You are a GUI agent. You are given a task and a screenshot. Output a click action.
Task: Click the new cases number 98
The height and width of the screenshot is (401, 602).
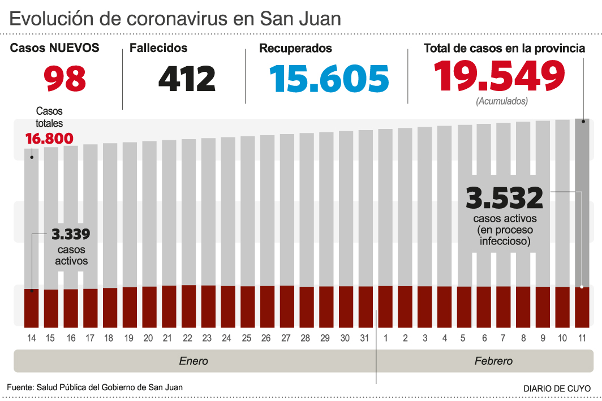click(66, 79)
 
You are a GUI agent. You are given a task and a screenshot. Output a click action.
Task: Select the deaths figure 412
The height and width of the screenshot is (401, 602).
click(187, 79)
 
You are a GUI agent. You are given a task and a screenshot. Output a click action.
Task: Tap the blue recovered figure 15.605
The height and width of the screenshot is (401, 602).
click(329, 79)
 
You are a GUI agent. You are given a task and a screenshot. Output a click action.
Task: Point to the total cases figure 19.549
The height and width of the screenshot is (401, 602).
click(500, 76)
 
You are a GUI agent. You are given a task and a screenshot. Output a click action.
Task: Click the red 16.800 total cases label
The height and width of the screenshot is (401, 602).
click(49, 139)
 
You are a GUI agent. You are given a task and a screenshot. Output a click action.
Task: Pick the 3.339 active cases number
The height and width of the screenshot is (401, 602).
click(71, 234)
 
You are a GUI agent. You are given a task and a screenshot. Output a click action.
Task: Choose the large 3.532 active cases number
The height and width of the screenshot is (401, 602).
click(504, 199)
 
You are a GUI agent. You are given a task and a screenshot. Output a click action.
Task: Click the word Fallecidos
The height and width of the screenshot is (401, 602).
click(158, 49)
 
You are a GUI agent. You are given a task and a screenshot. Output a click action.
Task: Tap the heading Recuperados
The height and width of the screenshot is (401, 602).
click(295, 49)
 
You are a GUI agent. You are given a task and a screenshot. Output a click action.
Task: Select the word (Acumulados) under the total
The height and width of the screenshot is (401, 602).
click(502, 102)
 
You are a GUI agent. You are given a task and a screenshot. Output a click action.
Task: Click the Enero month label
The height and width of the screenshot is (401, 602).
click(193, 361)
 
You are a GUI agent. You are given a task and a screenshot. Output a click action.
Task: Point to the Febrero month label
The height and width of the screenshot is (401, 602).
click(493, 361)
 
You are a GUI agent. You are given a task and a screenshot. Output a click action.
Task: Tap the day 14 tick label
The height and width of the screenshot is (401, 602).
click(31, 338)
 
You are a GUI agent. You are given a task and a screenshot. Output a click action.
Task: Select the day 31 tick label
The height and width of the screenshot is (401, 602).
click(365, 338)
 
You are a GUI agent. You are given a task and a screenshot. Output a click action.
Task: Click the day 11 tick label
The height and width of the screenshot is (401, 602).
click(582, 338)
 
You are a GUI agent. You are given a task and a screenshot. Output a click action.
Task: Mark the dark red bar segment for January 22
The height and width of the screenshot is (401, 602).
click(188, 306)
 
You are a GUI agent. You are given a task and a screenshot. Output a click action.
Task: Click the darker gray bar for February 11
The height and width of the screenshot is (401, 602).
click(582, 204)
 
